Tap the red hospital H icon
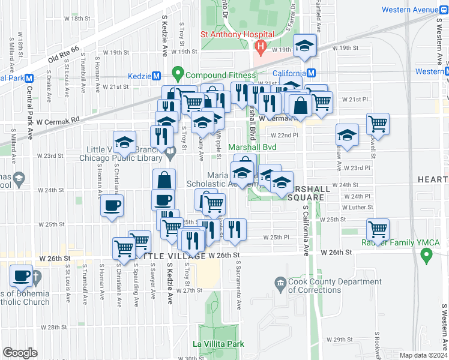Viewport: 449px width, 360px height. (x=261, y=46)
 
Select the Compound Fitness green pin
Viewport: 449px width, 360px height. (x=178, y=74)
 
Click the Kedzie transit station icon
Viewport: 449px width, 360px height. (x=157, y=76)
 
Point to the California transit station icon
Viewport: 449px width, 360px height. (x=311, y=73)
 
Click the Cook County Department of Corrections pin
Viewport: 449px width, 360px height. (x=280, y=282)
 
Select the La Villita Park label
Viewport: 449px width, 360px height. (x=218, y=344)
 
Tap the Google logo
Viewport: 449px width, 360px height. (x=20, y=353)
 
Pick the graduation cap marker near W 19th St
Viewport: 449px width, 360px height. (x=305, y=44)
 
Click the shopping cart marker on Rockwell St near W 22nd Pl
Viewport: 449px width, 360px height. (x=378, y=124)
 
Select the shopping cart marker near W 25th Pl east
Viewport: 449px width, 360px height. (x=378, y=228)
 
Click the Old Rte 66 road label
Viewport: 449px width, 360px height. (x=63, y=56)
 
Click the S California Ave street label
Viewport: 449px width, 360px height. (x=306, y=229)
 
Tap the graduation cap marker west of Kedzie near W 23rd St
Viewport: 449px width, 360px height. (x=124, y=142)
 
